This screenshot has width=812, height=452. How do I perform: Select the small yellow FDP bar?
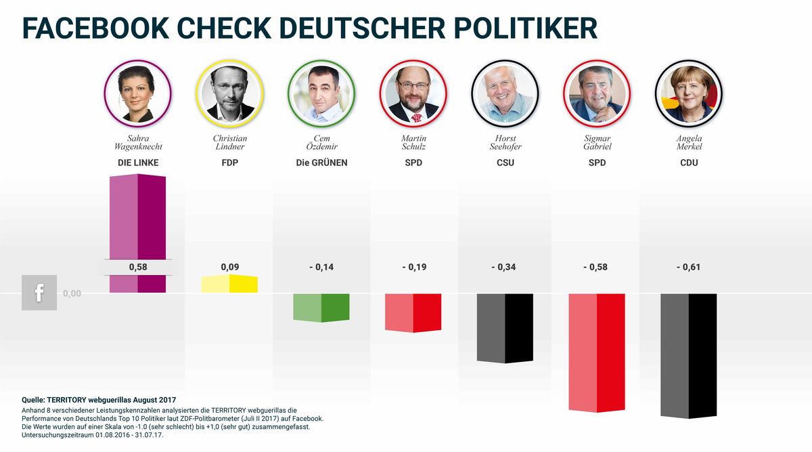click(x=229, y=284)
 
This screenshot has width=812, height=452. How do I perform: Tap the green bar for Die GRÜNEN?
click(x=321, y=307)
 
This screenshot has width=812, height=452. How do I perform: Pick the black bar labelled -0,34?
click(x=505, y=328)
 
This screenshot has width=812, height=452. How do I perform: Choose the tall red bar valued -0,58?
click(x=596, y=352)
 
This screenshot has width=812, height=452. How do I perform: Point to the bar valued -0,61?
click(x=688, y=356)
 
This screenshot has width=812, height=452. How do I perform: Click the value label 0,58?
click(x=138, y=267)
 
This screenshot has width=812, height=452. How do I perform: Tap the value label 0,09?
click(x=229, y=267)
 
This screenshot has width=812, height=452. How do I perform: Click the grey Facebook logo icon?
click(x=39, y=293)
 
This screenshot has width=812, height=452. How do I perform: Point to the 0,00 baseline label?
click(x=72, y=293)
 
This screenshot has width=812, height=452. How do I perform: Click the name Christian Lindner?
click(x=229, y=142)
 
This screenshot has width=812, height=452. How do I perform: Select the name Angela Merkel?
click(x=688, y=142)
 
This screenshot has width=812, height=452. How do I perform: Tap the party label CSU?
click(x=505, y=163)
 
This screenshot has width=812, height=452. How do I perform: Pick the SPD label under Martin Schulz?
click(x=413, y=163)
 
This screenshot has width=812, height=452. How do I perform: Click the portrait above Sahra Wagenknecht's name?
click(x=137, y=94)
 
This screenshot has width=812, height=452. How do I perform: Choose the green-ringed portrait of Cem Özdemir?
click(x=321, y=94)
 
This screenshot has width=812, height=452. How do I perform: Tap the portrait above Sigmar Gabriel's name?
click(x=596, y=94)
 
